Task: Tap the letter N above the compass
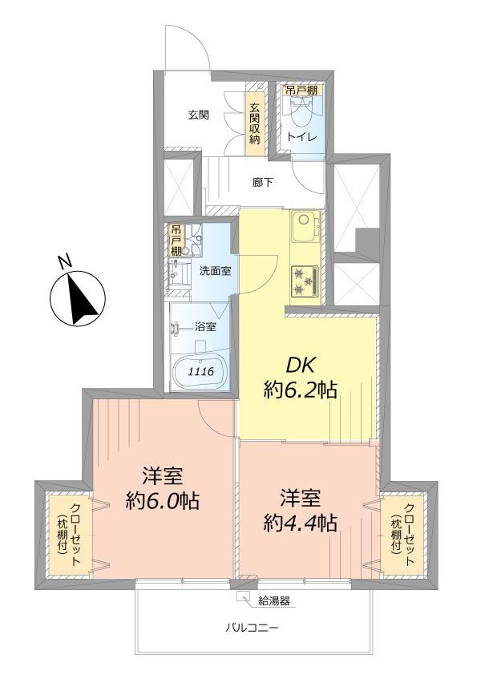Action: coord(67,260)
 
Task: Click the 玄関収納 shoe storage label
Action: coord(255,123)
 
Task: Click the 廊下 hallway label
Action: coord(263,182)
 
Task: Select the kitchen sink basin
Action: coord(305,225)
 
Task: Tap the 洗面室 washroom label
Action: coord(216,270)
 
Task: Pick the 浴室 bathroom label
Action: coord(205,326)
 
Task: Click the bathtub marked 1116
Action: coord(200,372)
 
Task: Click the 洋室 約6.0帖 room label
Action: coord(163,488)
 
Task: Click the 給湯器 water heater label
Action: coord(274,599)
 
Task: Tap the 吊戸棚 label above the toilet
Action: coord(301,90)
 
